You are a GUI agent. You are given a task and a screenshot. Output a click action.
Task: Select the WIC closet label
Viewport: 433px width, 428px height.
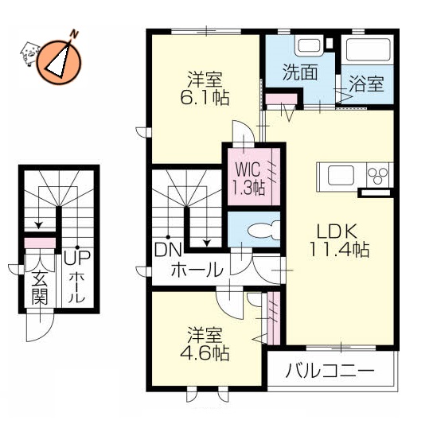(x=247, y=169)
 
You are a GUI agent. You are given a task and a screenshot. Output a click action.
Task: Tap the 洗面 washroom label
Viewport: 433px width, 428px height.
(x=300, y=71)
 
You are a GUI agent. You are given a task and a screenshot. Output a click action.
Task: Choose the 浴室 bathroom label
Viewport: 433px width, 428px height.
(x=367, y=83)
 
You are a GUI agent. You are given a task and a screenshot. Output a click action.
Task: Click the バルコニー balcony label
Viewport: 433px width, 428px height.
(x=330, y=372)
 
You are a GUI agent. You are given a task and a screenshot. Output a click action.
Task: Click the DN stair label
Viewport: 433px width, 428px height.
(x=166, y=249)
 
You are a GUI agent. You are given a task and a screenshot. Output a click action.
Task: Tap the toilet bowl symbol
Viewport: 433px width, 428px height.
(x=260, y=232)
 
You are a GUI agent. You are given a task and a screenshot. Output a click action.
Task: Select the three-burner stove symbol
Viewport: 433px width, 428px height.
(x=377, y=174)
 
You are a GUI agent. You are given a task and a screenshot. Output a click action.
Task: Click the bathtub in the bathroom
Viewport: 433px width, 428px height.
(x=368, y=50)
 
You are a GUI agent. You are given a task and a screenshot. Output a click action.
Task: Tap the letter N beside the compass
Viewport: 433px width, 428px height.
(x=74, y=33)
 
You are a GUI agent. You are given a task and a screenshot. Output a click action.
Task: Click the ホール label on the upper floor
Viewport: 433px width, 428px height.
(x=196, y=269)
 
